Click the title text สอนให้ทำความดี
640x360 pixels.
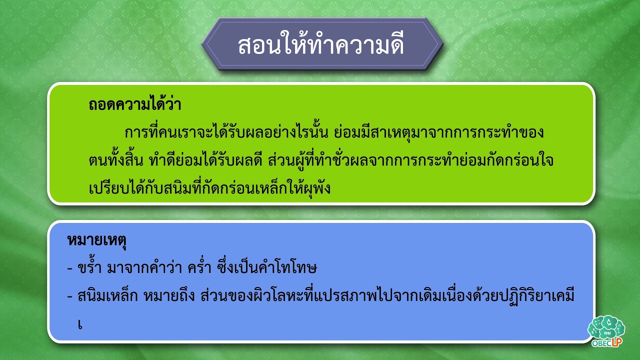coord(321,45)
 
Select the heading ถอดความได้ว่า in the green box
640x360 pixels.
coord(135,105)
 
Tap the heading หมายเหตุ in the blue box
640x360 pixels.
coord(96,240)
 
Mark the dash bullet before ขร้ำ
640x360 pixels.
coord(70,269)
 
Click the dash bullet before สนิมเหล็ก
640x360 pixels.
coord(70,296)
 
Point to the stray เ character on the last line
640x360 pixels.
coord(79,323)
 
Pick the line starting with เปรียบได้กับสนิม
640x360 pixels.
coord(210,189)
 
